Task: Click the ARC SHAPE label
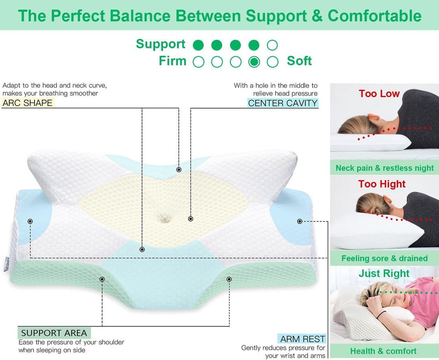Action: point(28,103)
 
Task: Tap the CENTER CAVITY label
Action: point(283,103)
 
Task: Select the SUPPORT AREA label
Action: point(54,333)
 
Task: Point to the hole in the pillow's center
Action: point(164,217)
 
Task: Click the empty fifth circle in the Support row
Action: point(272,45)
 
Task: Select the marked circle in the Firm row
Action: point(254,62)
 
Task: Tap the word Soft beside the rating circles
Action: point(299,61)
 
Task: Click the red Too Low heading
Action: point(379,93)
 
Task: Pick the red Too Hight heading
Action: point(382,184)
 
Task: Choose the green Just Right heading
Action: point(384,273)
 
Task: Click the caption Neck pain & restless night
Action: point(385,168)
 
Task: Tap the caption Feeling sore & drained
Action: point(385,258)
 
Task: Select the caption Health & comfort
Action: point(383,351)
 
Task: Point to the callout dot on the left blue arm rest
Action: point(30,221)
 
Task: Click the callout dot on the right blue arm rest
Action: point(300,221)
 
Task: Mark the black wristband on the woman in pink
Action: point(381,315)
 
